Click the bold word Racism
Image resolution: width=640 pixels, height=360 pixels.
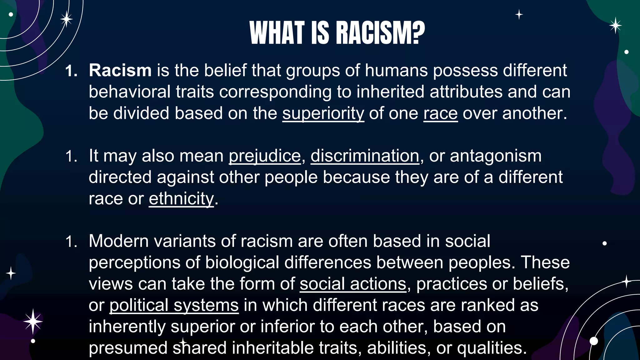coord(120,70)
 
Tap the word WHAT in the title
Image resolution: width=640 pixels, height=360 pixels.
coord(277,33)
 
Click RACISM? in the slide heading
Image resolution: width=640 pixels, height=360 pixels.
coord(380,33)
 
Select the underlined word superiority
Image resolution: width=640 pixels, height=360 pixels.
coord(323,113)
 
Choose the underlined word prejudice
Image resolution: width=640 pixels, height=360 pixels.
coord(265,156)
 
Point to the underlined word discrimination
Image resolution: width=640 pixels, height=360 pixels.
coord(365,156)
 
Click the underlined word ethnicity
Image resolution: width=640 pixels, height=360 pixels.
coord(181,198)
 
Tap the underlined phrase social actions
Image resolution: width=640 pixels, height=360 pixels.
coord(353,284)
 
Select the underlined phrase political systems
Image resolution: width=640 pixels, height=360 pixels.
coord(174,305)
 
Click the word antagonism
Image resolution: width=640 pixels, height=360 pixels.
coord(496,156)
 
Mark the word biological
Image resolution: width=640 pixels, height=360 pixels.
coord(242,262)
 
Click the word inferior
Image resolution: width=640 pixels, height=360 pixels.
coord(287,326)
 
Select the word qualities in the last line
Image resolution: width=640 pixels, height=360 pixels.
coord(492,348)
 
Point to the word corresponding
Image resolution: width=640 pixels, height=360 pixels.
coord(275,92)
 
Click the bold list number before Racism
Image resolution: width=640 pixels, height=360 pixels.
coord(71,71)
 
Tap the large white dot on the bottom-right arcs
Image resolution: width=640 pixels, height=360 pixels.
coord(593,341)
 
